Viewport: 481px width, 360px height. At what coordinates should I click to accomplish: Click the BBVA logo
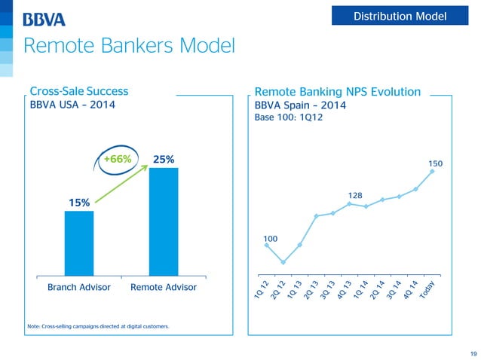tap(44, 19)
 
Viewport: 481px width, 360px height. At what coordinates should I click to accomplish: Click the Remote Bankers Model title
tap(129, 47)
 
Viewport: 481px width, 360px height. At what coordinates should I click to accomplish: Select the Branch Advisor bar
tap(79, 243)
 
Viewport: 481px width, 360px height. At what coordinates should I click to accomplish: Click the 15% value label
tap(79, 202)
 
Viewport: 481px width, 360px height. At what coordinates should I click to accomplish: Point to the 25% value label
tap(164, 159)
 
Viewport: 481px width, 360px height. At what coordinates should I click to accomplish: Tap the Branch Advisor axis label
tap(79, 288)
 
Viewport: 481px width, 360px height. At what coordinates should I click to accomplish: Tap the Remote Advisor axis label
tap(164, 288)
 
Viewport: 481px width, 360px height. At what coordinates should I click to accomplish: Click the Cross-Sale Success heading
tap(78, 91)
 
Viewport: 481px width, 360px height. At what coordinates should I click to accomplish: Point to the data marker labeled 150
tap(432, 171)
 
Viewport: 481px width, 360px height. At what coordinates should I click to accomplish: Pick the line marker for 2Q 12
tap(283, 262)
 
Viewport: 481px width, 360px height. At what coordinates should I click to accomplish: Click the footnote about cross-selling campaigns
tap(98, 325)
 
